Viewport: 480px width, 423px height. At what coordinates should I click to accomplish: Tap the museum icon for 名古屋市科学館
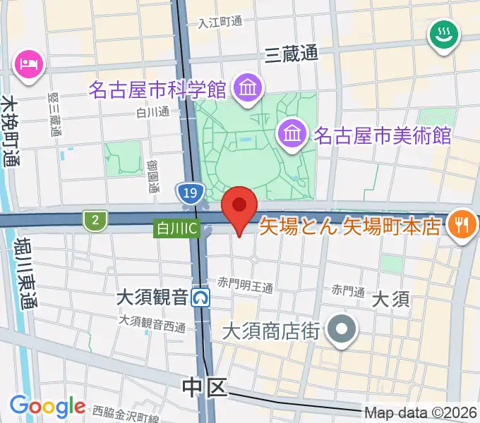click(x=248, y=89)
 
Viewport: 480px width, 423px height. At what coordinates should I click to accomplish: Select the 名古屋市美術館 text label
click(x=382, y=135)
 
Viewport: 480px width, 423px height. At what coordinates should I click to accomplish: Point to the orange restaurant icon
click(x=463, y=225)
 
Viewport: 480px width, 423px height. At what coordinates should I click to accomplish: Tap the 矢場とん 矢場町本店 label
click(x=351, y=226)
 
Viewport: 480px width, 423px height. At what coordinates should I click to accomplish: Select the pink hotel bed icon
click(x=29, y=66)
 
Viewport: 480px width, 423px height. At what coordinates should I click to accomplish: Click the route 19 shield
click(x=188, y=192)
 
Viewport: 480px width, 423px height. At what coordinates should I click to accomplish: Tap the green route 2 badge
click(x=94, y=221)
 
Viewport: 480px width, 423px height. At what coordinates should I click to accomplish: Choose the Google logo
click(x=47, y=406)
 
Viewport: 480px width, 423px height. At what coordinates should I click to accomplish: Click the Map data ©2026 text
click(x=420, y=412)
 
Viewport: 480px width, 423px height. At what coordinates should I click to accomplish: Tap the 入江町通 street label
click(x=220, y=22)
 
